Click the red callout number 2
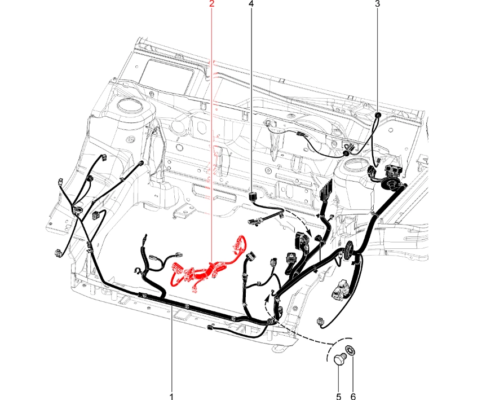(211, 4)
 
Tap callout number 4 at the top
(251, 4)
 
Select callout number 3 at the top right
(377, 4)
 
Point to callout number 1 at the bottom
(171, 396)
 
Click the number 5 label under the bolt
(338, 396)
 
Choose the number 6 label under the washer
(353, 396)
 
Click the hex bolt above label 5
(341, 360)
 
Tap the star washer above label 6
(351, 350)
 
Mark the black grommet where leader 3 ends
(377, 114)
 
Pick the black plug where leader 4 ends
(252, 196)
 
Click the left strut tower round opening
(129, 105)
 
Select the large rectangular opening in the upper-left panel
(166, 75)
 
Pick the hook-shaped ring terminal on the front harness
(137, 270)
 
